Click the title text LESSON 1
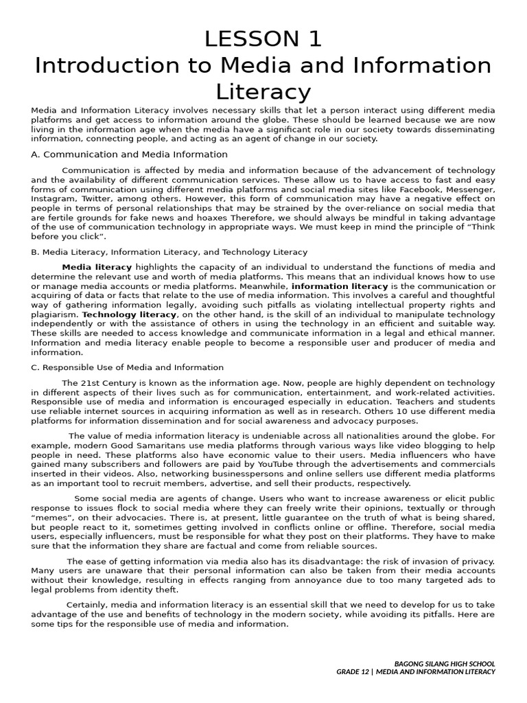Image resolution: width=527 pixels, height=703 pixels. coord(263,39)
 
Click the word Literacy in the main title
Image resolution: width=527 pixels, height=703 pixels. coord(263,91)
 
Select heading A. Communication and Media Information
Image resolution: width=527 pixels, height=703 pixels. coord(129,154)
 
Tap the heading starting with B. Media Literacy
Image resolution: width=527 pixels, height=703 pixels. coord(169,252)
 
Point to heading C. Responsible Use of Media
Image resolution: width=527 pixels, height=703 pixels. coord(127,367)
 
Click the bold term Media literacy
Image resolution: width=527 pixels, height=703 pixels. coord(97,267)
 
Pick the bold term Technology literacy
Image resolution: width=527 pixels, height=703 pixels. coord(130,314)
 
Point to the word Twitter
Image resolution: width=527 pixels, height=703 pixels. coord(97,198)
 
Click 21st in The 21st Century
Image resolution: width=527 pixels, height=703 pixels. coord(90,383)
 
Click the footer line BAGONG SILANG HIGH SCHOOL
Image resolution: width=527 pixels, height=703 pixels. coord(445,664)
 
